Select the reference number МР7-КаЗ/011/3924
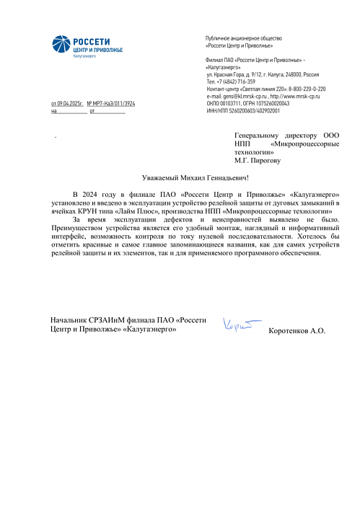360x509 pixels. (x=115, y=104)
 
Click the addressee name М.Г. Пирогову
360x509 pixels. (x=257, y=161)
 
